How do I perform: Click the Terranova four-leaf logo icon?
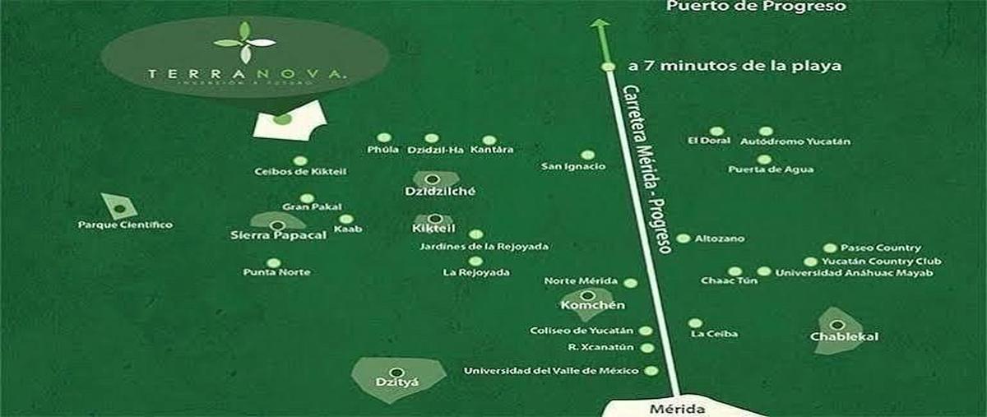coord(244,43)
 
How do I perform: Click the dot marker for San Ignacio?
coord(587,155)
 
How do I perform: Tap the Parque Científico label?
coord(125,225)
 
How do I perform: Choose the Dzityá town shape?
coord(397,376)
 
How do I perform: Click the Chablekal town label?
coord(838,337)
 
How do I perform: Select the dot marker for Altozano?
coord(683,239)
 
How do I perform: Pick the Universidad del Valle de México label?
coord(551,371)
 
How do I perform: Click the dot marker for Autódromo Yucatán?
coord(766,131)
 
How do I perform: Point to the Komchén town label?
coord(586,306)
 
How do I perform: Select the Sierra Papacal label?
coord(279,235)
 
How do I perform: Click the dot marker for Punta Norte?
coord(274,263)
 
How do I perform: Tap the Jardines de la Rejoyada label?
coord(484,247)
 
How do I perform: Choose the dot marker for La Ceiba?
coord(695,323)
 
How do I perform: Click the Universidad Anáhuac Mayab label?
coord(854,272)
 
